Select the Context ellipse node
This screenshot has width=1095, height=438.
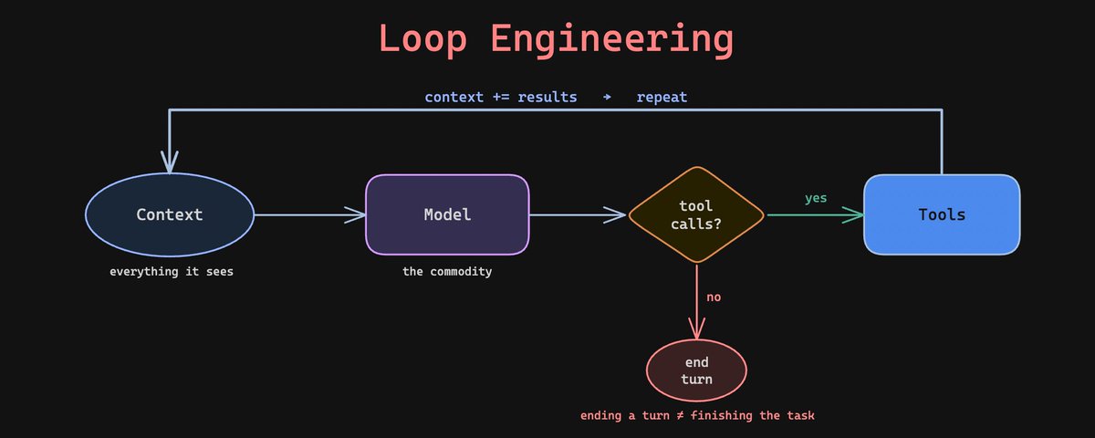coord(170,214)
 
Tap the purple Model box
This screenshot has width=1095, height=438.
coord(447,214)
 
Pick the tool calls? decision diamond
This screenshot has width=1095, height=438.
coord(696,214)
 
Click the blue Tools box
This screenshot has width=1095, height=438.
coord(942,214)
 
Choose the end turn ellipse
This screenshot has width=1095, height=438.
coord(696,370)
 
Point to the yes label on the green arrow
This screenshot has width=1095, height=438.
coord(816,198)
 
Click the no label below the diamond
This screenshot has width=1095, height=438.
coord(714,297)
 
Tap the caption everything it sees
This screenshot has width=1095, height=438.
coord(172,272)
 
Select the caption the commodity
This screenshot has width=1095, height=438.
coord(447,271)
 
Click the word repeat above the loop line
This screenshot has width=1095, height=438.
coord(662,98)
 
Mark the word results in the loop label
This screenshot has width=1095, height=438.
coord(547,97)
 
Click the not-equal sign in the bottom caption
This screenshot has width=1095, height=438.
coord(680,415)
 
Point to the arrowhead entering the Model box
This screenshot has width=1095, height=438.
coord(355,214)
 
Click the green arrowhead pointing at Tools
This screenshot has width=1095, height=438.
coord(853,215)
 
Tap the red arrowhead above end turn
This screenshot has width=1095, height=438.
coord(696,328)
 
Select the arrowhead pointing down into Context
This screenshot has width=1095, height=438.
coord(170,162)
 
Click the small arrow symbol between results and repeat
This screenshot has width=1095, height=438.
coord(607,98)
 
